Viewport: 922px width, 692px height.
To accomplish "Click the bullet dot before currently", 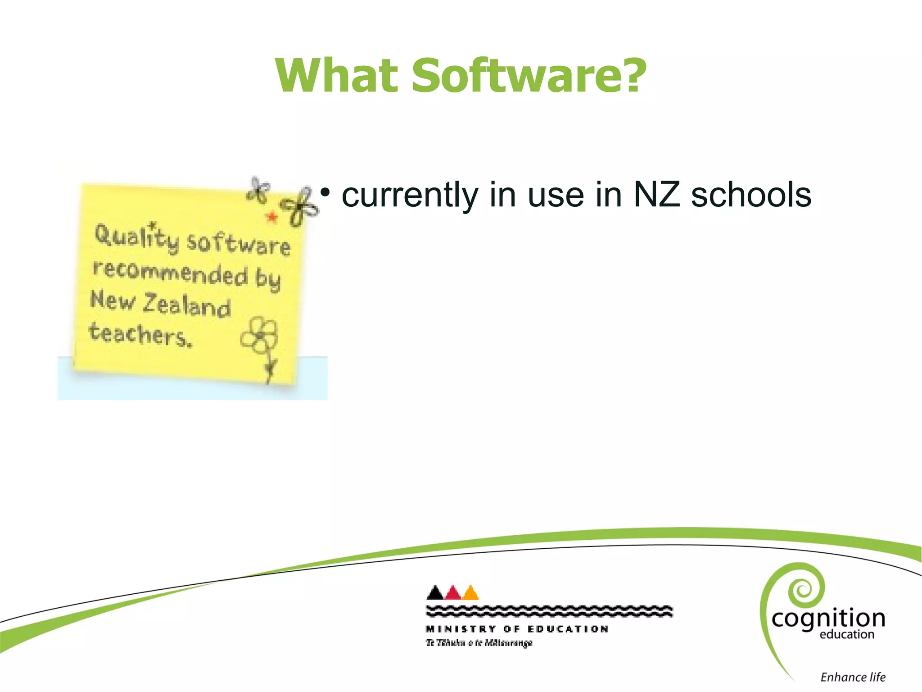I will click(325, 193).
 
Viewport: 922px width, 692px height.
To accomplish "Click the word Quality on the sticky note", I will click(136, 237).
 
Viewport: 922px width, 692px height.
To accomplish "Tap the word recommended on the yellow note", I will click(170, 272).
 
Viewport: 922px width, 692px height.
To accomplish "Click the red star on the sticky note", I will click(271, 217).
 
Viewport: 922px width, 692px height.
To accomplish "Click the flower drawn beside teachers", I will click(260, 336).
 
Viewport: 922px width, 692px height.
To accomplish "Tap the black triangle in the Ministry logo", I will click(435, 592).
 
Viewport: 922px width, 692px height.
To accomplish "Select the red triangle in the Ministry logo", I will click(453, 593).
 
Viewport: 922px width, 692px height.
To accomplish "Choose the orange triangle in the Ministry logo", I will click(470, 593).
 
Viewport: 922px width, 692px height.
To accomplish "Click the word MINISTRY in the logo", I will click(461, 629).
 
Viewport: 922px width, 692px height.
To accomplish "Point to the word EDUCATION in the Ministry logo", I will click(568, 629).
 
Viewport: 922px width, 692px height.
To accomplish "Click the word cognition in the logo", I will click(828, 619).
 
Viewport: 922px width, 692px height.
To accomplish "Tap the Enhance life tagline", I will click(853, 677).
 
